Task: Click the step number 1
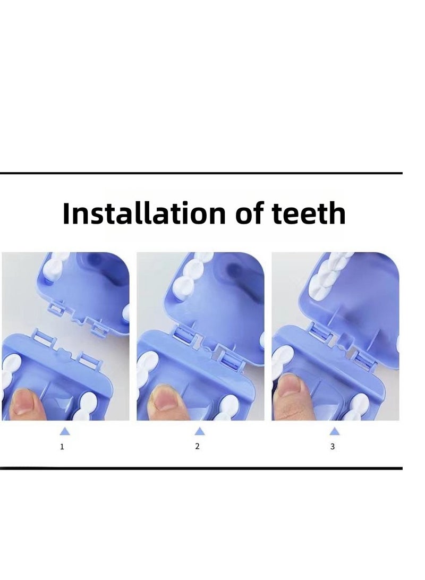pos(62,447)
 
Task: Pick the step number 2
pos(198,446)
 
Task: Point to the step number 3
pos(333,447)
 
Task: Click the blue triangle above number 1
pos(65,431)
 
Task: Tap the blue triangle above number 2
pos(199,431)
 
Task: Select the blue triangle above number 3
pos(334,431)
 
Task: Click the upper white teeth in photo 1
pos(56,266)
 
